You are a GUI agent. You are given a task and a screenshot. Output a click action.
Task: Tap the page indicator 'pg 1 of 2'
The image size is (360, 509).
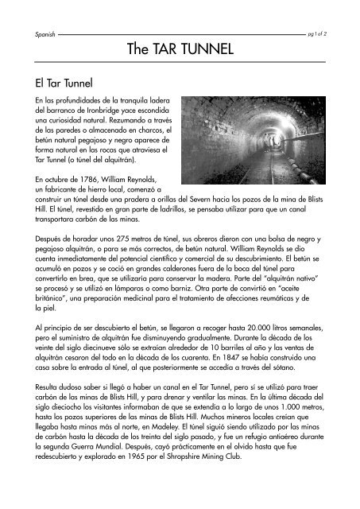point(327,35)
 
